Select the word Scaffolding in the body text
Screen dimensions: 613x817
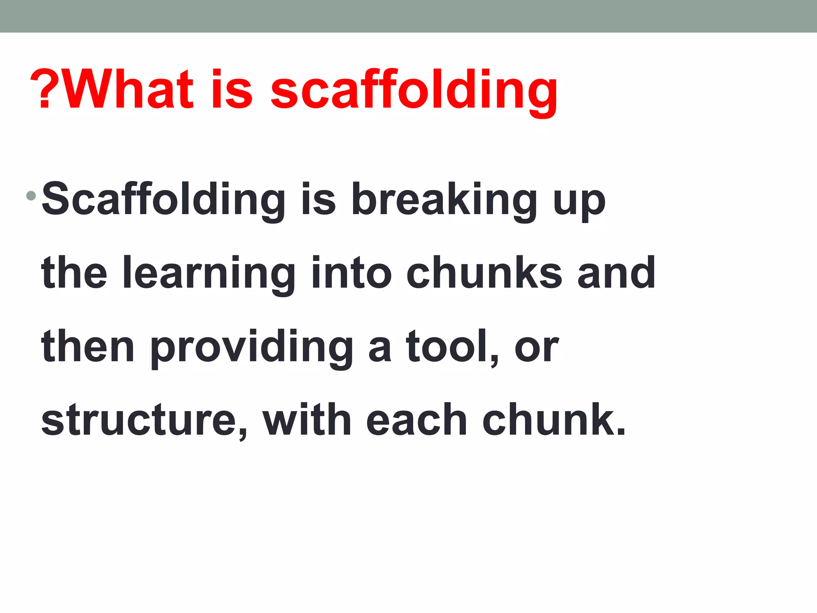163,200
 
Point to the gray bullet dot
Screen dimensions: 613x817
31,196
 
